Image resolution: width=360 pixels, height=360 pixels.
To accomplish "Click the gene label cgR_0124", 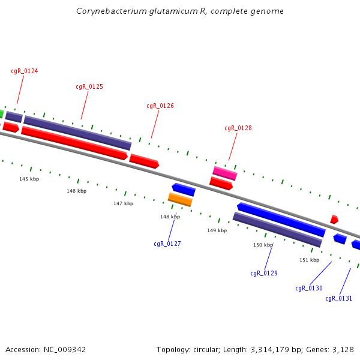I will tap(25, 71).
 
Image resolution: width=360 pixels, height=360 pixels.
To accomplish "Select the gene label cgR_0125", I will tap(89, 87).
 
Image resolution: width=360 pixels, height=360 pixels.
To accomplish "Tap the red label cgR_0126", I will tap(160, 106).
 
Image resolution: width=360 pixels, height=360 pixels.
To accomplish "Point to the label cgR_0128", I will tap(238, 128).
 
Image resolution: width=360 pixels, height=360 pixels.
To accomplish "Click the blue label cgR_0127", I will tap(167, 244).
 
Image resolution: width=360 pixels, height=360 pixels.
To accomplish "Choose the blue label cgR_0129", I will tap(264, 274).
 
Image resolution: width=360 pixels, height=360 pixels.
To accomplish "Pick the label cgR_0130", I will tap(309, 289).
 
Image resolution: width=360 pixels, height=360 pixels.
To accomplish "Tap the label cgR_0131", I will tap(338, 299).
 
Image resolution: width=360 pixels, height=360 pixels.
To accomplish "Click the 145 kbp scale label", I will tap(29, 179).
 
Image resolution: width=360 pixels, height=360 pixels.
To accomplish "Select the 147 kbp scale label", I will tap(123, 204).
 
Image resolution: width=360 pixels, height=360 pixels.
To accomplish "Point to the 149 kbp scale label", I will tap(217, 231).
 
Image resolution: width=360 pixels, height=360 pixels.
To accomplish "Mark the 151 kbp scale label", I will tap(310, 260).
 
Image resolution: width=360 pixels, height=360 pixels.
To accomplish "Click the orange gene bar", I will tap(180, 199).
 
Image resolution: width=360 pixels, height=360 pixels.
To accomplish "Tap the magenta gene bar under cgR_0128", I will tap(225, 173).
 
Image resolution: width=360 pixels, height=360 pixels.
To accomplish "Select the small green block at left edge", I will tap(2, 113).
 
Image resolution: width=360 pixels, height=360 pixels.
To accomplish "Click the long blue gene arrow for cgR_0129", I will tap(281, 220).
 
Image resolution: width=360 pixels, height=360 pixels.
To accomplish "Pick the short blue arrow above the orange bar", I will tap(184, 190).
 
